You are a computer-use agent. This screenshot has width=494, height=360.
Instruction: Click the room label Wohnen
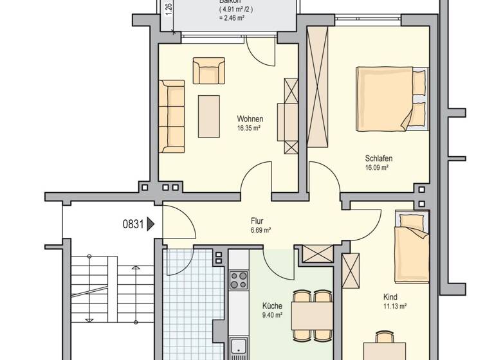[x=250, y=119]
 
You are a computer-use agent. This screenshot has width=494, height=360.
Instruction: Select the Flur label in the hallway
[x=257, y=221]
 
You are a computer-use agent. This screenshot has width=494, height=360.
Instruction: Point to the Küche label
[x=272, y=306]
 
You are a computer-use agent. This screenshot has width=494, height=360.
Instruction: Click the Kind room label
[x=390, y=298]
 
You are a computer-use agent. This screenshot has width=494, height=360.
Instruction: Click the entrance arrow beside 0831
[x=151, y=224]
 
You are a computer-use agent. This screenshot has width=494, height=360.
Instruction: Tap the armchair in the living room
[x=208, y=71]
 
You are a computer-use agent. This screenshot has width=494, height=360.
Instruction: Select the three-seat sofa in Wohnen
[x=172, y=116]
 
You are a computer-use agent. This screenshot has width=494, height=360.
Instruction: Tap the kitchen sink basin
[x=237, y=345]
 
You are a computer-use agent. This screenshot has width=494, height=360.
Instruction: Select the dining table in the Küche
[x=312, y=316]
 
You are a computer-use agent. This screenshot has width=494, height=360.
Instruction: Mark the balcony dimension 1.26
[x=169, y=10]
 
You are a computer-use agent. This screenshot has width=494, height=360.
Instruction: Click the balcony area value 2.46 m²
[x=231, y=18]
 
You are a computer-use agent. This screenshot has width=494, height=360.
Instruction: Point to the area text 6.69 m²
[x=259, y=230]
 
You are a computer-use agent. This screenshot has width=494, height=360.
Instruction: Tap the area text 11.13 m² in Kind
[x=394, y=307]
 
